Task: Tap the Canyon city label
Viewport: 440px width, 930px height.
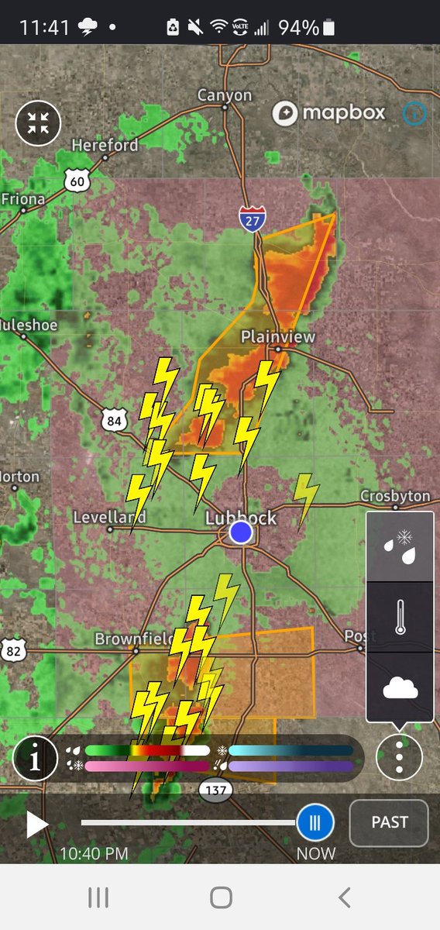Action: (225, 95)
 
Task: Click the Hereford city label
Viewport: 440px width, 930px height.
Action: (105, 145)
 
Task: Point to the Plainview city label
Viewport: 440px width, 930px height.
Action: (278, 336)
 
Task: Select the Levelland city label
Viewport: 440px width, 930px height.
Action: (109, 517)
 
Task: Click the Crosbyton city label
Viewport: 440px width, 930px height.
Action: (395, 496)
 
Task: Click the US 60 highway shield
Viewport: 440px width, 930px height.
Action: (77, 181)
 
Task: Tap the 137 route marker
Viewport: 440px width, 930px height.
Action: (216, 790)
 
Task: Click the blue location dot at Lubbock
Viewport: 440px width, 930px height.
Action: (242, 532)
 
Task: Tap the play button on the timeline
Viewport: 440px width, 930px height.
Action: (36, 824)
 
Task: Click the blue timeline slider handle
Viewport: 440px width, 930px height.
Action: (315, 822)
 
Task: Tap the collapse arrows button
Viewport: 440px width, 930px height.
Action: (38, 123)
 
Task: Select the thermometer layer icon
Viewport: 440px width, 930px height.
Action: (400, 617)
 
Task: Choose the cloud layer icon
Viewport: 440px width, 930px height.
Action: (400, 687)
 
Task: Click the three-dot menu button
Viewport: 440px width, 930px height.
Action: (399, 756)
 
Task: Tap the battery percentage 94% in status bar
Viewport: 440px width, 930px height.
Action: (298, 28)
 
